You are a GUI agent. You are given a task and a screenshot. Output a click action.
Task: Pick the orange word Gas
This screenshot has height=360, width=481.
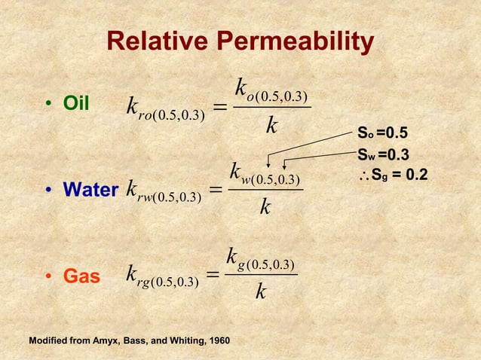81,276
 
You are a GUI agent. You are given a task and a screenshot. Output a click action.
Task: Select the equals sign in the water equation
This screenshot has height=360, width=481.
213,194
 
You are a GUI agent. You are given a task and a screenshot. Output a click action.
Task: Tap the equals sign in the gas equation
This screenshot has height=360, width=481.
212,279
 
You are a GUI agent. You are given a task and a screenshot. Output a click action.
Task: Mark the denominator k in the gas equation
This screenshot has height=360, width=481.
260,291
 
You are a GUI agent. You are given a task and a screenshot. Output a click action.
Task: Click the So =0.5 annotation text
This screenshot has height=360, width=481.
382,134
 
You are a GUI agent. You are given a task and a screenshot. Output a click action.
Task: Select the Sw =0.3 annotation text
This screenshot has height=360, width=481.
382,155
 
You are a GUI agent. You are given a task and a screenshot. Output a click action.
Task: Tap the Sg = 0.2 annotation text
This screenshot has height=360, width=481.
397,175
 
